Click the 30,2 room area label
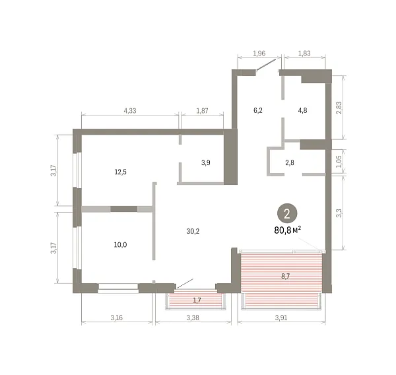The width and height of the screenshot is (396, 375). click(x=193, y=231)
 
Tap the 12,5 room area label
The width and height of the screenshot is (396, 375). click(x=121, y=172)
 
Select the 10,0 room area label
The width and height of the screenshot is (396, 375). click(x=121, y=245)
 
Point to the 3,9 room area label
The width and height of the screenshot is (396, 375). click(x=205, y=162)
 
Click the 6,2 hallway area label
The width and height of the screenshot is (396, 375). click(x=258, y=110)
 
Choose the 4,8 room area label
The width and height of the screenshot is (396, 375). click(x=302, y=110)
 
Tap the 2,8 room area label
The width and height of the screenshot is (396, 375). click(x=290, y=162)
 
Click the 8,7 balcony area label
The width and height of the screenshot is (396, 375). click(x=285, y=276)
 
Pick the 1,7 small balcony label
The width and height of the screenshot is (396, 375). click(x=197, y=300)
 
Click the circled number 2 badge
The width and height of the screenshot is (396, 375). click(x=287, y=214)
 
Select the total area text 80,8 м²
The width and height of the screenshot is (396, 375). click(x=288, y=230)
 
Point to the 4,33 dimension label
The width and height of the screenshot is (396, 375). click(x=130, y=111)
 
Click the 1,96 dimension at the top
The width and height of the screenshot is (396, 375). click(x=259, y=53)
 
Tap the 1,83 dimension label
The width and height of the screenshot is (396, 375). click(x=304, y=53)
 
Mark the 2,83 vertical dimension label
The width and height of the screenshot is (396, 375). click(x=339, y=108)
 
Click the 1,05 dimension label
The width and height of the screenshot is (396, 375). click(x=339, y=162)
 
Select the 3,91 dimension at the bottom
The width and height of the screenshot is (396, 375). click(x=281, y=318)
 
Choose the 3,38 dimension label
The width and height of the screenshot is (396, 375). click(x=193, y=318)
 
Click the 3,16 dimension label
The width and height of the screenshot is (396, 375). click(x=116, y=318)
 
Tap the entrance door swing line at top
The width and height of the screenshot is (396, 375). click(x=266, y=65)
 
